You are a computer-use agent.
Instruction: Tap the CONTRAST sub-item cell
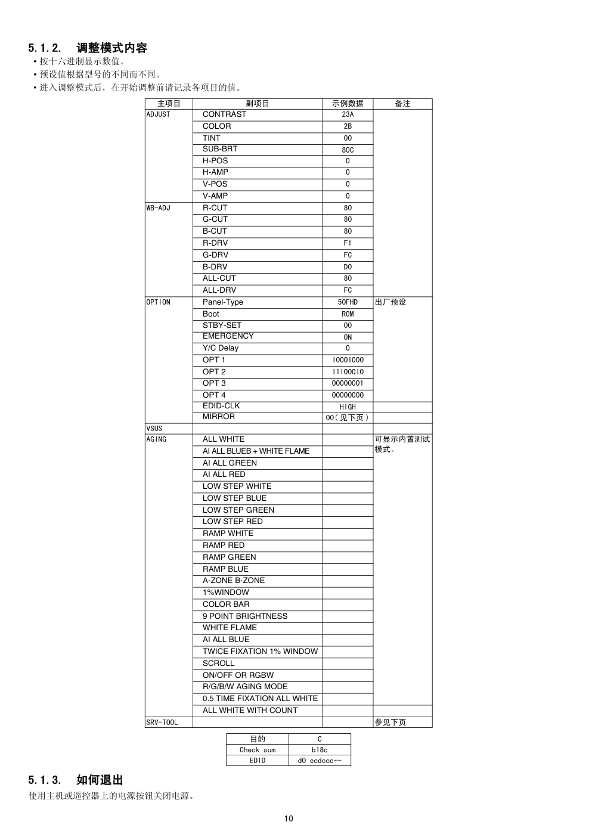tap(224, 114)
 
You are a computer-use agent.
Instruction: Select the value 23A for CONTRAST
tap(348, 114)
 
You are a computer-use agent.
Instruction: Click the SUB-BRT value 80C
tap(348, 150)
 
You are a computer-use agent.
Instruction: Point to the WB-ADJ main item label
tap(159, 208)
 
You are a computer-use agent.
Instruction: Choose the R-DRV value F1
tap(348, 243)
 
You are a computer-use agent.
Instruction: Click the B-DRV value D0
tap(348, 267)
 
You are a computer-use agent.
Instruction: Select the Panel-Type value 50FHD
tap(348, 302)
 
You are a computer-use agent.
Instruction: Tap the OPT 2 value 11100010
tap(348, 372)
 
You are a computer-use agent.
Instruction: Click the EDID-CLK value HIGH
tap(348, 407)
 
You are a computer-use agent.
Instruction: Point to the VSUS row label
tap(154, 429)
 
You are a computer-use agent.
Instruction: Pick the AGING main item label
tap(157, 439)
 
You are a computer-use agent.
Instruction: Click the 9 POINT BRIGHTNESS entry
tap(245, 616)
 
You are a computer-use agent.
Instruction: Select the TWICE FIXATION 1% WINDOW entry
tap(260, 652)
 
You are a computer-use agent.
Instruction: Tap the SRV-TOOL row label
tap(162, 723)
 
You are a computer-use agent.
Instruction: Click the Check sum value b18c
tap(320, 750)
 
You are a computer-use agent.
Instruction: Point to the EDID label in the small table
tap(258, 761)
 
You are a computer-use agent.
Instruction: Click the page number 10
tap(289, 819)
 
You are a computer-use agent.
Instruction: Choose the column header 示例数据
tap(348, 104)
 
